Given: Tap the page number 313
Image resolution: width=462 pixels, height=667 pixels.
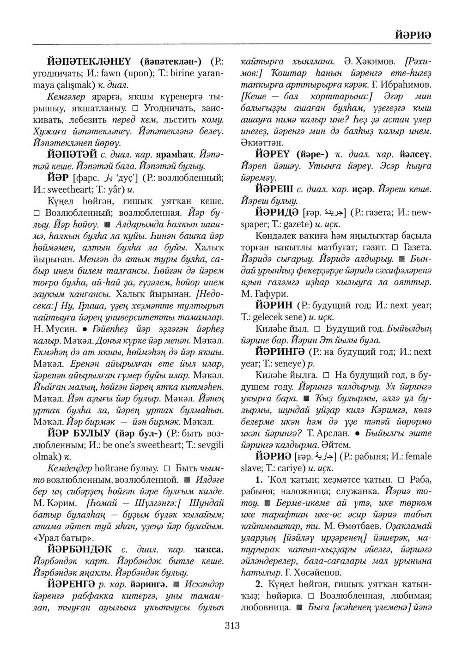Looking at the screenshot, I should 232,626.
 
